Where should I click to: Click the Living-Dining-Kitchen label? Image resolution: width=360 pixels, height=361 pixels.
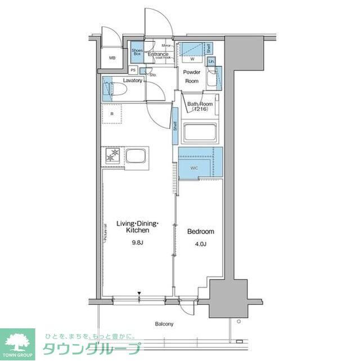tap(137, 227)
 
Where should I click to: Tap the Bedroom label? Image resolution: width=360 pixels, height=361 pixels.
tap(200, 231)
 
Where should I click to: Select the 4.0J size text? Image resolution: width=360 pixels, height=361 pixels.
tap(200, 244)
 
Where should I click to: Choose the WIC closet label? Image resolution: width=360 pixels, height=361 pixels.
tap(193, 167)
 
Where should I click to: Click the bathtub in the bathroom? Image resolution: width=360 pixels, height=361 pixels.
tap(200, 135)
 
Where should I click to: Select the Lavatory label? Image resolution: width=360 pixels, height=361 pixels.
tap(132, 81)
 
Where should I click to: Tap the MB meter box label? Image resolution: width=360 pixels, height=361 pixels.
tap(112, 57)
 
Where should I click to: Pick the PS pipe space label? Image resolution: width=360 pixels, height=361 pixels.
tap(133, 70)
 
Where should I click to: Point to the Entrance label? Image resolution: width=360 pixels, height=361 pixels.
tap(158, 55)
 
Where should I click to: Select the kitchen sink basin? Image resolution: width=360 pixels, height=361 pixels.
tap(136, 156)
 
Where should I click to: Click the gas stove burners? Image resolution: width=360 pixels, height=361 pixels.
tap(112, 156)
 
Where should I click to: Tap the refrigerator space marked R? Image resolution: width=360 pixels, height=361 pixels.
tap(112, 114)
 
